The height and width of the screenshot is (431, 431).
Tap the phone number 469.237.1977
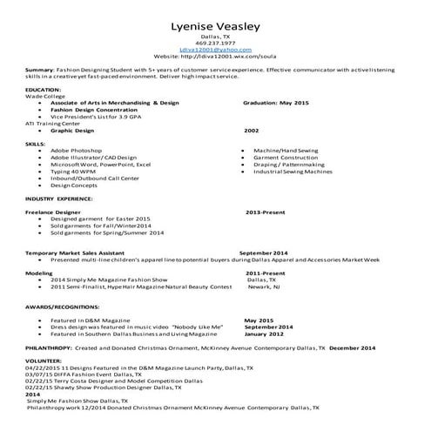pyautogui.click(x=215, y=44)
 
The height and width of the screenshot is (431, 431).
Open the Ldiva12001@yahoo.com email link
pyautogui.click(x=215, y=51)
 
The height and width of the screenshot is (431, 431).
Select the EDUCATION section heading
pyautogui.click(x=44, y=90)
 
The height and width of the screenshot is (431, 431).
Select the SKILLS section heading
pyautogui.click(x=36, y=142)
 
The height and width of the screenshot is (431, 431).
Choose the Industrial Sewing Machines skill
pyautogui.click(x=293, y=172)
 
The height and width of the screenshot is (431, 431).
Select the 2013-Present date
pyautogui.click(x=265, y=212)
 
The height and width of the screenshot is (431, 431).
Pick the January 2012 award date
pyautogui.click(x=264, y=333)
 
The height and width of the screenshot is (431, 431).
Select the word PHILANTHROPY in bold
pyautogui.click(x=50, y=347)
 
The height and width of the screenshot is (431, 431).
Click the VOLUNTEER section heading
pyautogui.click(x=44, y=360)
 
